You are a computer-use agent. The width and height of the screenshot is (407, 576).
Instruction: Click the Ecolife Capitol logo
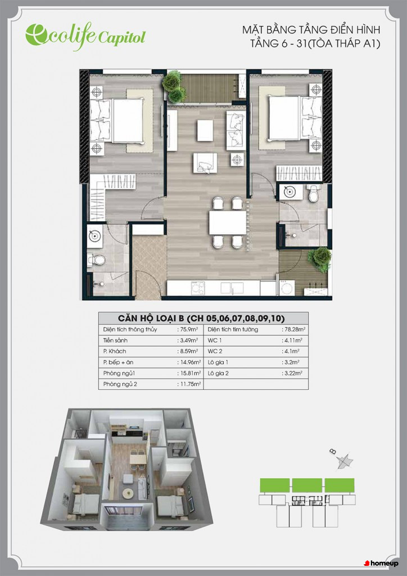pyautogui.click(x=85, y=36)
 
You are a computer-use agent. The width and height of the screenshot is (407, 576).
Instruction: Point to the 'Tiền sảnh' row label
pyautogui.click(x=116, y=340)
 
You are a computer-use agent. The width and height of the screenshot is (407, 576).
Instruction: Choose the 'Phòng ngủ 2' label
pyautogui.click(x=120, y=385)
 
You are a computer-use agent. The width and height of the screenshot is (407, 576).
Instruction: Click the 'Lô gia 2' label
pyautogui.click(x=218, y=373)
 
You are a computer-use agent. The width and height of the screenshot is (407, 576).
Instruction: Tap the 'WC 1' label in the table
pyautogui.click(x=215, y=340)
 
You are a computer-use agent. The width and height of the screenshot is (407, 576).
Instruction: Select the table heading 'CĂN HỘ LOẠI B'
pyautogui.click(x=152, y=318)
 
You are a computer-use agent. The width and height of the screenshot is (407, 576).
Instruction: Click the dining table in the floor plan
pyautogui.click(x=228, y=223)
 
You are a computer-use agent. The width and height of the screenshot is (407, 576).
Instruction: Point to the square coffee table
pyautogui.click(x=205, y=130)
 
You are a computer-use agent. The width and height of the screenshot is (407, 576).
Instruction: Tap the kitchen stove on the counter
pyautogui.click(x=199, y=287)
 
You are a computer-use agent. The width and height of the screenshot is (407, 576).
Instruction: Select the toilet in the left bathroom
pyautogui.click(x=96, y=260)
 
